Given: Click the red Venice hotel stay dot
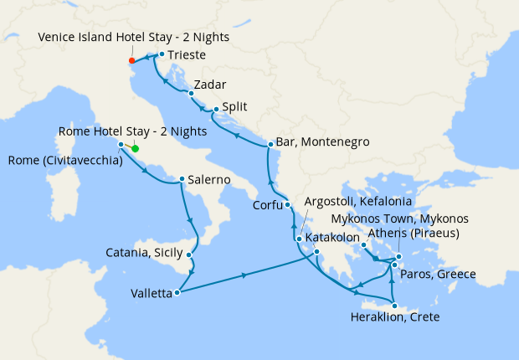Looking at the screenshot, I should (x=131, y=60).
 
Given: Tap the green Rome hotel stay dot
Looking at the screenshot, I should (x=135, y=150).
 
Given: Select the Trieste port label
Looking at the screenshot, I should (x=185, y=55).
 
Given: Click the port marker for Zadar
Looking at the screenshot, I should (x=191, y=93).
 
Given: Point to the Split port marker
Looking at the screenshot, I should (x=216, y=109).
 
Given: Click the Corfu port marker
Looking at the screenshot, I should (x=286, y=204).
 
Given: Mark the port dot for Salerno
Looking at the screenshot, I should (x=182, y=178).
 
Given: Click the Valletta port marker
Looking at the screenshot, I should (x=177, y=293).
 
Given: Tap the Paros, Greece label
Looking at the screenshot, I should (x=439, y=274).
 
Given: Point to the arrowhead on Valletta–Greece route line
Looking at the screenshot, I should (x=244, y=275).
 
